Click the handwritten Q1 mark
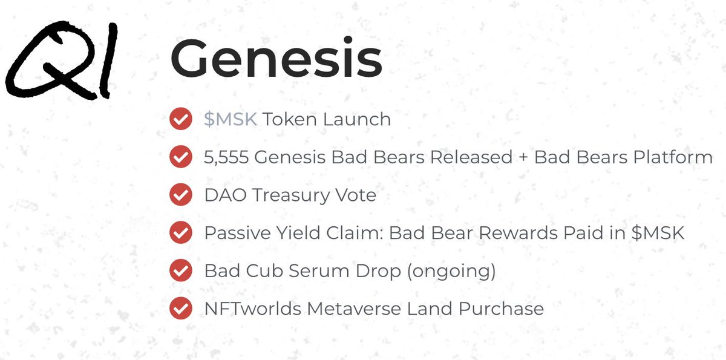coord(60,61)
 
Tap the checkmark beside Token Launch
coord(180,119)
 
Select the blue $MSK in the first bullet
coord(231,119)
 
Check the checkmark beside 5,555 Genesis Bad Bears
coord(180,157)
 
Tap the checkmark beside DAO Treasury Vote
coord(180,195)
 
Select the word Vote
coord(355,195)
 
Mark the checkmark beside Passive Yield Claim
coord(180,233)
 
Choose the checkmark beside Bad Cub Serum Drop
coord(180,271)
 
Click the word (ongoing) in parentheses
coord(451,272)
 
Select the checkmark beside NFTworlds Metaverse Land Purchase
coord(180,309)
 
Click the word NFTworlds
coord(252,309)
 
